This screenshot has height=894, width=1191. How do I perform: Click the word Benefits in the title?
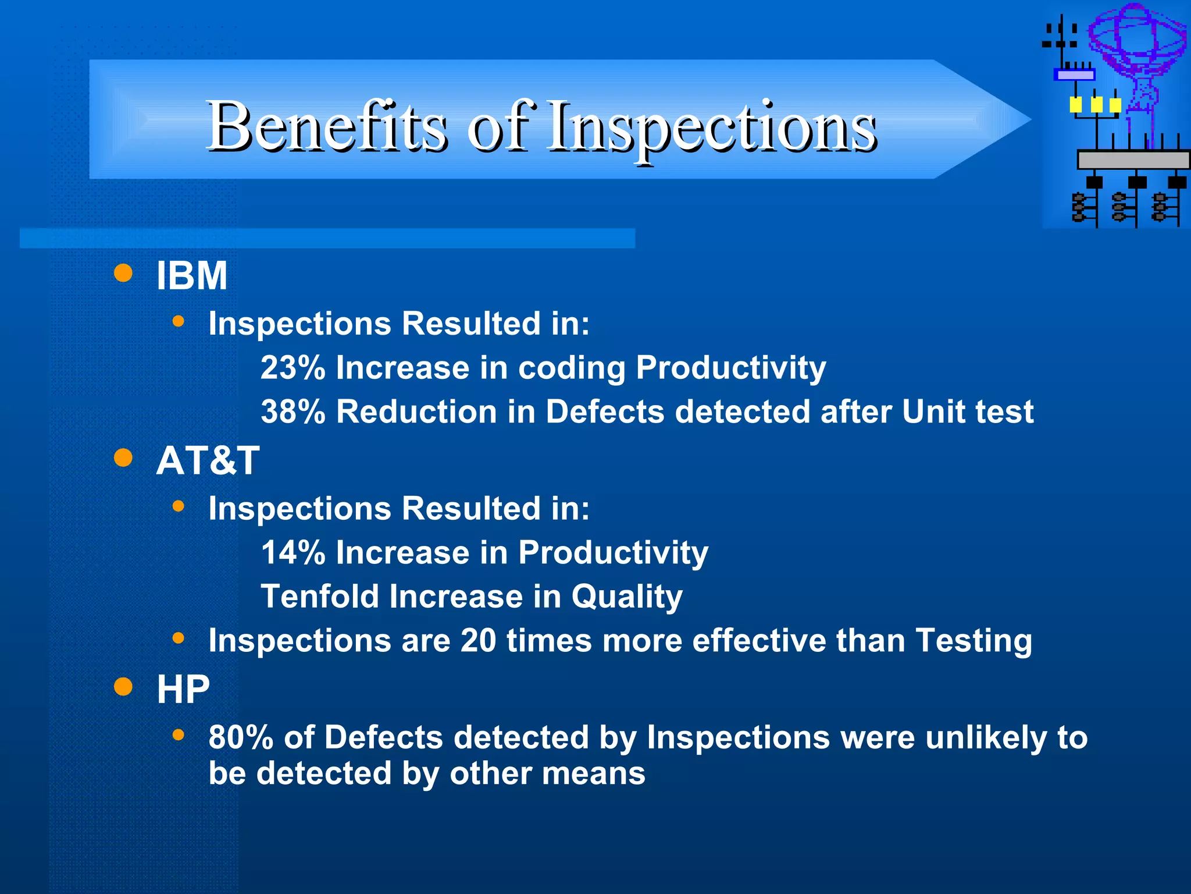[x=327, y=126]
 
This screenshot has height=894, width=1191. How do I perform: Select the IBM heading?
[x=192, y=275]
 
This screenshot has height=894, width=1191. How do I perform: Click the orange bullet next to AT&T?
[x=123, y=458]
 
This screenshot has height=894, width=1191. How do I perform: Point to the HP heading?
[x=183, y=690]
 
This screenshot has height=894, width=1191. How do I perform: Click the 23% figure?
[x=293, y=368]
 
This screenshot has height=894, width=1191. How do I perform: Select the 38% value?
[x=293, y=412]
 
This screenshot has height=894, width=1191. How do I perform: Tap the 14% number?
[x=293, y=552]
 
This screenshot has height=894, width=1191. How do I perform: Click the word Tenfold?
[x=319, y=597]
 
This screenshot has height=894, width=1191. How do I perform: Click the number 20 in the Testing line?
[x=478, y=641]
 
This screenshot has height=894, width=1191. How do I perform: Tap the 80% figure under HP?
[x=241, y=737]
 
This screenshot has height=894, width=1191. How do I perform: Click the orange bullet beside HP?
[x=123, y=687]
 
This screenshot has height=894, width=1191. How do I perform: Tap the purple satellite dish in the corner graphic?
[x=1137, y=41]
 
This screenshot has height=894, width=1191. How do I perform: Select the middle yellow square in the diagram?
[x=1096, y=105]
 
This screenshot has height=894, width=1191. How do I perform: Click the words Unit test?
[x=968, y=412]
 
